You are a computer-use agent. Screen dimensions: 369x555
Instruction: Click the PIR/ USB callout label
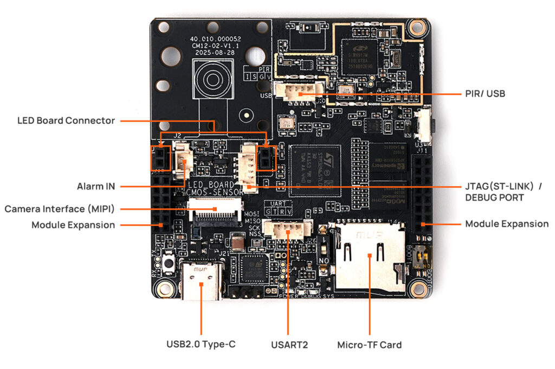click(485, 94)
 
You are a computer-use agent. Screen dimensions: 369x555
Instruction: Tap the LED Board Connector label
click(66, 120)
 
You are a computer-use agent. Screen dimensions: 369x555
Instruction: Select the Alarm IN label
click(95, 187)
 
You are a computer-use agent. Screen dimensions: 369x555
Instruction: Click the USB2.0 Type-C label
click(201, 344)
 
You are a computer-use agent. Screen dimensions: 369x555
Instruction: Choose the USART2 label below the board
click(289, 344)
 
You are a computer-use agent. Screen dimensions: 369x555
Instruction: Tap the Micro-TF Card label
click(369, 344)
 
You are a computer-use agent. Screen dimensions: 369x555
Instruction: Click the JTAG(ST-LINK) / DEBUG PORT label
click(503, 192)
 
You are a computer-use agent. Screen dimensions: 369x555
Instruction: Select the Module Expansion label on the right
click(507, 224)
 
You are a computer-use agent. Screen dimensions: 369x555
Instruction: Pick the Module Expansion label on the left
click(73, 225)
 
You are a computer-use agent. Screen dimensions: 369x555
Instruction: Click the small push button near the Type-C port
click(169, 264)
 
